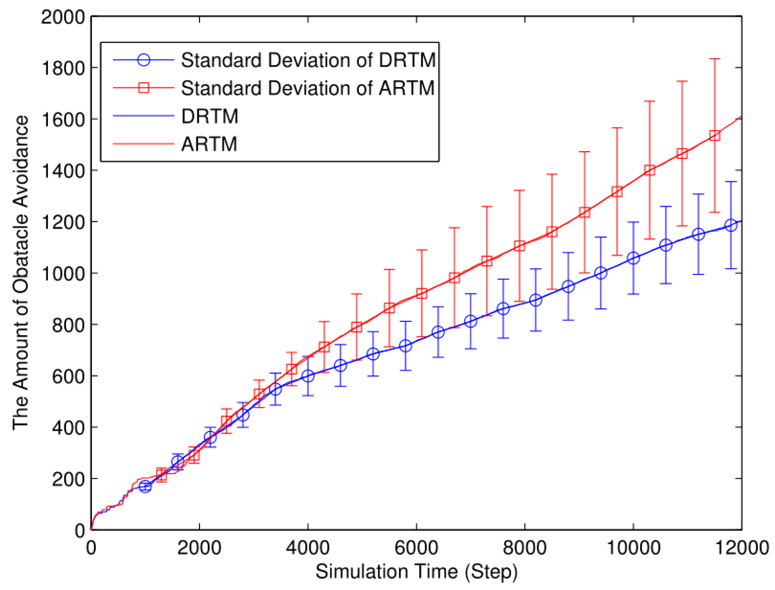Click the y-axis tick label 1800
point(63,69)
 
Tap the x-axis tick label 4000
point(308,548)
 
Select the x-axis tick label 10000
point(633,548)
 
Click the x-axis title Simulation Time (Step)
point(417,572)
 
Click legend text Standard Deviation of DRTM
point(308,60)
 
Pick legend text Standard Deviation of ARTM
point(308,88)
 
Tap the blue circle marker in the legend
point(144,60)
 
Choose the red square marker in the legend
point(144,88)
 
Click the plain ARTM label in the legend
point(209,144)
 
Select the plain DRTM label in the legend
point(209,116)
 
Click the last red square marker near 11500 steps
point(715,135)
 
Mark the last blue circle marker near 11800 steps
point(731,225)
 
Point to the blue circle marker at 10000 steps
point(633,258)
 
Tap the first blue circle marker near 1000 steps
point(145,487)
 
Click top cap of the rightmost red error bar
point(715,59)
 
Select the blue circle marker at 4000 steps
point(308,376)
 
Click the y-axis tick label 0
point(80,531)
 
